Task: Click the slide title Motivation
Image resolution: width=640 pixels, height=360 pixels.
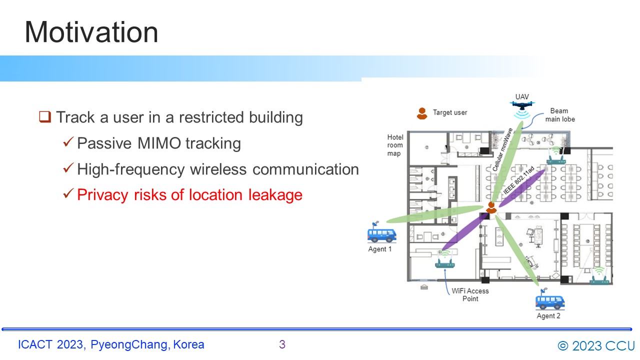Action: (x=91, y=32)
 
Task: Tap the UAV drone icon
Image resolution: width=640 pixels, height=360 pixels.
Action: (x=522, y=105)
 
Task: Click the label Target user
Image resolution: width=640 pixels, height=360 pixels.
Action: (x=450, y=112)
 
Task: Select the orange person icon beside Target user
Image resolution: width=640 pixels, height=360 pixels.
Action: (x=422, y=113)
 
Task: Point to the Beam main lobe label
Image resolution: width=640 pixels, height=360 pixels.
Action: (x=559, y=115)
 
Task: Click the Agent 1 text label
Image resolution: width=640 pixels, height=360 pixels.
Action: (x=379, y=249)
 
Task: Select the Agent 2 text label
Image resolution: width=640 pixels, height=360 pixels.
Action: (x=548, y=316)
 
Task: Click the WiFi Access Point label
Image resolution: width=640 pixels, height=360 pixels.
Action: (x=470, y=295)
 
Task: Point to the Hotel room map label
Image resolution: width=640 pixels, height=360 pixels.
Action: (x=395, y=145)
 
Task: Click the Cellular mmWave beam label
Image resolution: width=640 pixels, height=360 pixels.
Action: (x=502, y=149)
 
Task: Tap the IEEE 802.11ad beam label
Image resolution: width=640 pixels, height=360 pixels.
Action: (x=518, y=180)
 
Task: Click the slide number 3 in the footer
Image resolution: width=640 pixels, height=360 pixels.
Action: (x=282, y=344)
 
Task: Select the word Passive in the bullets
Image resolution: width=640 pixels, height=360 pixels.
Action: (x=104, y=143)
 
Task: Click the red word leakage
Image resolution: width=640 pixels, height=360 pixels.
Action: (x=275, y=195)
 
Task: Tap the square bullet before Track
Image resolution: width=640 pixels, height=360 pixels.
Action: (x=45, y=117)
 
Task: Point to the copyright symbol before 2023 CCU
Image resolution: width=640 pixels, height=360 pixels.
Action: (x=563, y=346)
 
